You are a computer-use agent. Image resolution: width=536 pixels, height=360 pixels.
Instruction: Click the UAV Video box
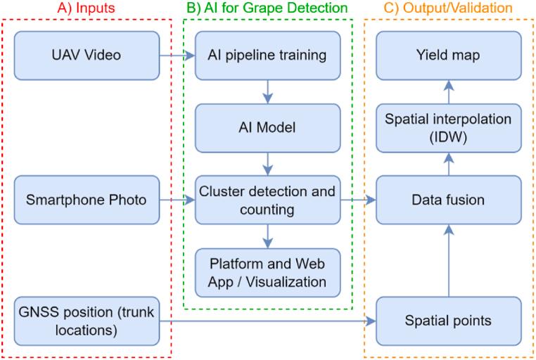click(87, 55)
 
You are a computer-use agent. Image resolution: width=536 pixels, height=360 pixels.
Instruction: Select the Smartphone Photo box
click(87, 200)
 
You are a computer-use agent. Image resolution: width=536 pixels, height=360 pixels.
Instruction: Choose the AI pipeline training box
click(267, 55)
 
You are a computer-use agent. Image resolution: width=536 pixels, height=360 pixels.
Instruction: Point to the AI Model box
click(267, 128)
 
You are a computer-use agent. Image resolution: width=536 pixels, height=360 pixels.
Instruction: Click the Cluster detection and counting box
click(267, 200)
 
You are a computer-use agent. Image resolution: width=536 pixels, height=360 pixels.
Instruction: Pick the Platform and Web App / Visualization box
click(267, 273)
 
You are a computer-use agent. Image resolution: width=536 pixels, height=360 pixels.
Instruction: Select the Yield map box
click(448, 55)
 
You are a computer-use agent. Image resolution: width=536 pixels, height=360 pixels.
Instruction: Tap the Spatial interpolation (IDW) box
click(448, 128)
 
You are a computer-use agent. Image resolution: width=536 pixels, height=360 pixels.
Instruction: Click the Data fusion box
click(448, 200)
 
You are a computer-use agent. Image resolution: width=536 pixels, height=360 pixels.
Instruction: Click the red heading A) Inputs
click(86, 8)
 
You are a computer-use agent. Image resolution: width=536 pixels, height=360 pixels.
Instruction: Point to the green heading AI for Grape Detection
click(267, 8)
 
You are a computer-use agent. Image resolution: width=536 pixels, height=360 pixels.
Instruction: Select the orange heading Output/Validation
click(448, 8)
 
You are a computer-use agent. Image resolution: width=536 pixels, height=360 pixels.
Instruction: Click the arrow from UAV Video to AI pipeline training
click(177, 55)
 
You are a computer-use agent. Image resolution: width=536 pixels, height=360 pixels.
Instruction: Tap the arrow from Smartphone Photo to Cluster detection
click(177, 200)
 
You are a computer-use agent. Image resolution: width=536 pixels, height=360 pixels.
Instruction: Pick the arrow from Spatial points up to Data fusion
click(448, 261)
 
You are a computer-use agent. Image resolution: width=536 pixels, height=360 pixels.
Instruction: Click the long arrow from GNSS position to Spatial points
click(267, 321)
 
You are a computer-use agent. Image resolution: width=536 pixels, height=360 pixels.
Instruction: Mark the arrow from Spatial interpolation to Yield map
click(448, 91)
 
